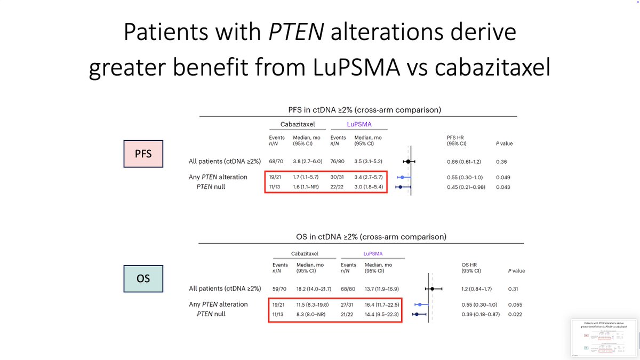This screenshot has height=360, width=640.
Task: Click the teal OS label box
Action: point(143,278)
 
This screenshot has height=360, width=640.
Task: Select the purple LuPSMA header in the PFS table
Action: point(359,124)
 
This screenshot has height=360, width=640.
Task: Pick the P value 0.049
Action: point(503,177)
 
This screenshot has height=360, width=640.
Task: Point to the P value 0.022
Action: point(515,314)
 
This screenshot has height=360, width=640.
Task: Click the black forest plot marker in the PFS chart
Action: point(408,161)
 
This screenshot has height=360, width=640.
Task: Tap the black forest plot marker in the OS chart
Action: point(433,289)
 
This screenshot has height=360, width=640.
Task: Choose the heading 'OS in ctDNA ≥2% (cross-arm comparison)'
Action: point(361,237)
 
